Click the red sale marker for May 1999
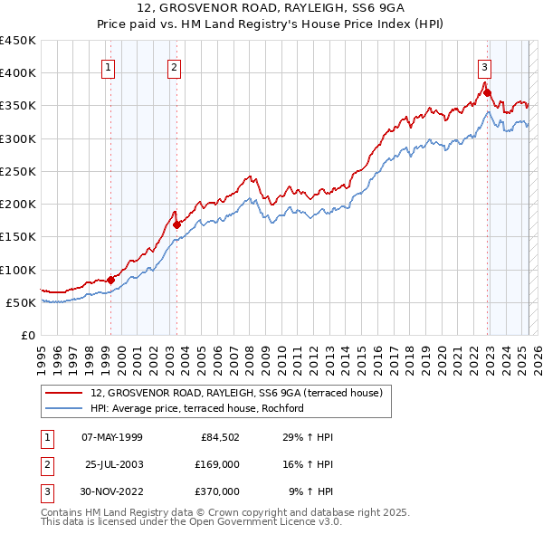pyautogui.click(x=110, y=280)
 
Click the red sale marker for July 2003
pyautogui.click(x=177, y=224)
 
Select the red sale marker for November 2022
pyautogui.click(x=487, y=92)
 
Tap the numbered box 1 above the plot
pyautogui.click(x=108, y=66)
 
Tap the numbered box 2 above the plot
pyautogui.click(x=173, y=66)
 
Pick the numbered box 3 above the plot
pyautogui.click(x=484, y=66)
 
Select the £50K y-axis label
pyautogui.click(x=22, y=302)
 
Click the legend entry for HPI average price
pyautogui.click(x=196, y=408)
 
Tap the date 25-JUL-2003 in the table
pyautogui.click(x=113, y=464)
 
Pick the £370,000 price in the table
pyautogui.click(x=216, y=491)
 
